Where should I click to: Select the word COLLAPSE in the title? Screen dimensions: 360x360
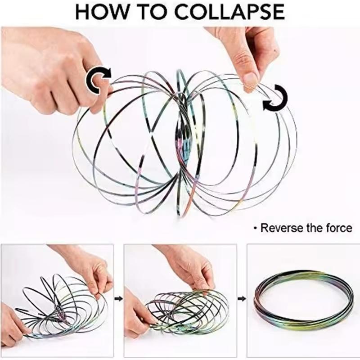pos(229,12)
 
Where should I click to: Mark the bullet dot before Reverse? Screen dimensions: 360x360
pos(256,229)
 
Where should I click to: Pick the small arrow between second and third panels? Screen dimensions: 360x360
pos(242,298)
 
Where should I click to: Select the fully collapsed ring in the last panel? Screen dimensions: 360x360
pos(303,297)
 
